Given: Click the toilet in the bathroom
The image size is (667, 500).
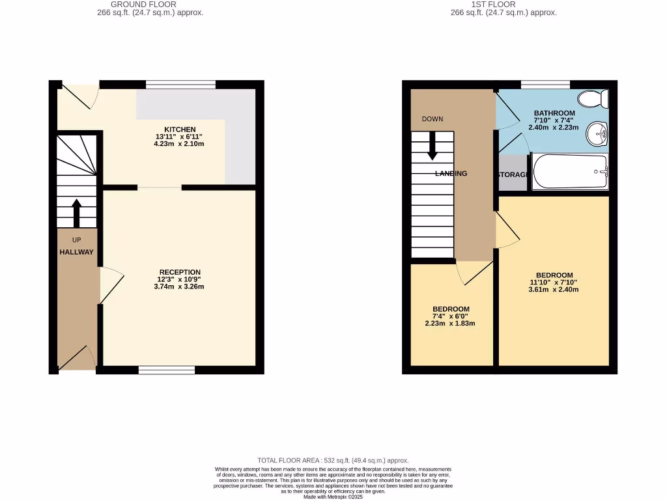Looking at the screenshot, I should pyautogui.click(x=594, y=99).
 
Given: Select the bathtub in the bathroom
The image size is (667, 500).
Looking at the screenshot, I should pyautogui.click(x=570, y=172).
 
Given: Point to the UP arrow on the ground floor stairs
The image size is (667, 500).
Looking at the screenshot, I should pyautogui.click(x=76, y=212).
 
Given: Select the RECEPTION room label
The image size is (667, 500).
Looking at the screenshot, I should pyautogui.click(x=179, y=272).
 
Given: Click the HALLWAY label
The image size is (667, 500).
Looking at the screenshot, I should pyautogui.click(x=77, y=253).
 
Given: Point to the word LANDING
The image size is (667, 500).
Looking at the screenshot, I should pyautogui.click(x=451, y=174).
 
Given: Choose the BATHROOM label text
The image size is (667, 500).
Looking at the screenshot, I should pyautogui.click(x=554, y=113).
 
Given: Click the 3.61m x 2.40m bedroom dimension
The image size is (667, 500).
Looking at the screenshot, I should pyautogui.click(x=554, y=289).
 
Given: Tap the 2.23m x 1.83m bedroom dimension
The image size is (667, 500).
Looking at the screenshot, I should pyautogui.click(x=450, y=323).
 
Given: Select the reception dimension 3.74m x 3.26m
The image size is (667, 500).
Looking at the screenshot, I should pyautogui.click(x=179, y=286).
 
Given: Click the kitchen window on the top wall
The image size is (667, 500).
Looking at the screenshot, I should pyautogui.click(x=180, y=84).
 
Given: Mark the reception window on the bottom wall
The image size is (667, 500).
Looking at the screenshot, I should pyautogui.click(x=167, y=370).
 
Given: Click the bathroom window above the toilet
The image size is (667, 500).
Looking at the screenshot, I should pyautogui.click(x=545, y=84).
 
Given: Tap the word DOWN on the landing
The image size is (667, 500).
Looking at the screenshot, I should pyautogui.click(x=433, y=119).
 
